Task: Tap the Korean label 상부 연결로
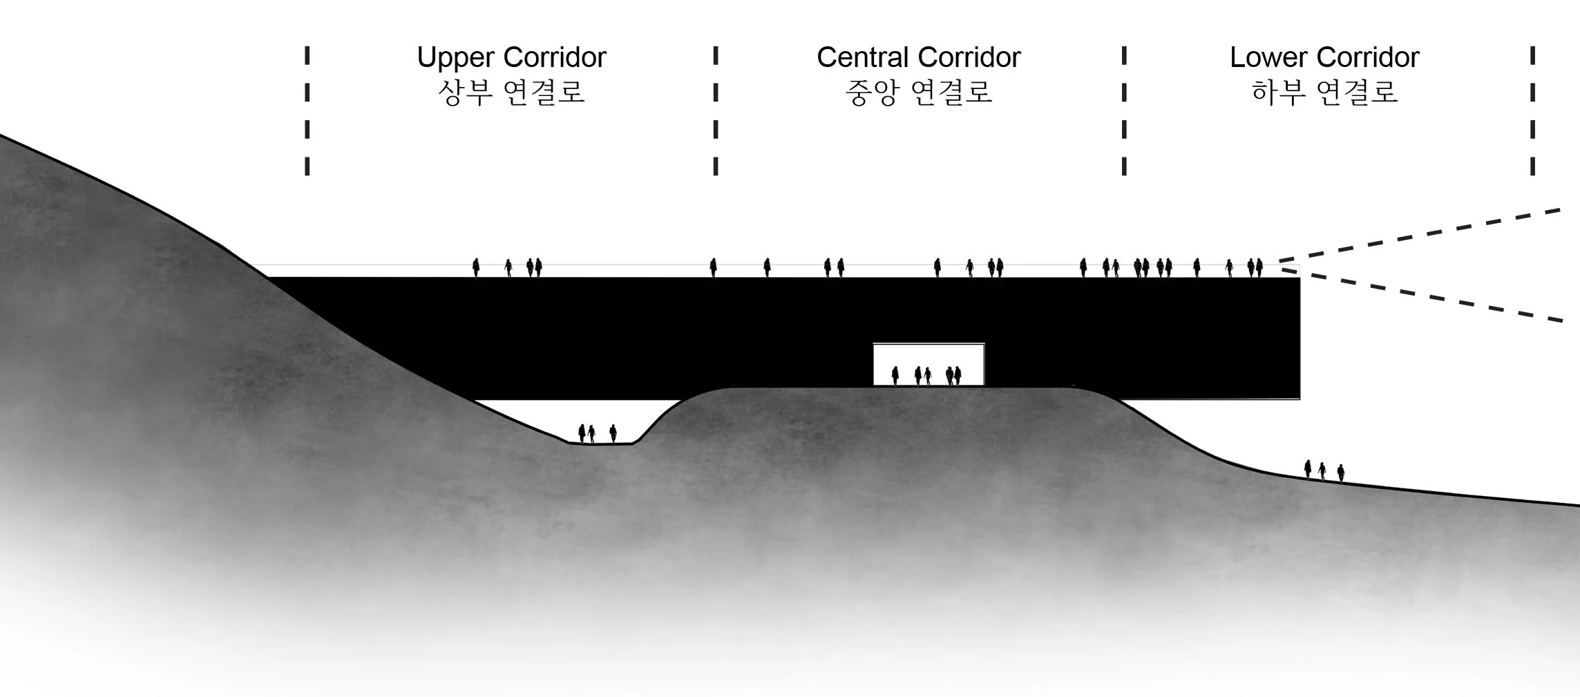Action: [x=511, y=93]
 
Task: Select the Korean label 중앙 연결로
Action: [x=918, y=93]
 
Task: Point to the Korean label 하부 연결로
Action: [x=1324, y=93]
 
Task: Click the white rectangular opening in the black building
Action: [x=928, y=356]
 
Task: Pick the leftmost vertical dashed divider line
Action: [x=307, y=111]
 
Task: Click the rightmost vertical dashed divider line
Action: [x=1532, y=111]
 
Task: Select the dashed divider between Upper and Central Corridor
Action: [x=716, y=111]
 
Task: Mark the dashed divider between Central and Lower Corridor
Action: [x=1124, y=111]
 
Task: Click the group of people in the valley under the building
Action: [x=597, y=433]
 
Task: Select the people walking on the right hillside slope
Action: [x=1324, y=470]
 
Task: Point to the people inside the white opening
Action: [x=925, y=375]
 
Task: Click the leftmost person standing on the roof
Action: [x=476, y=267]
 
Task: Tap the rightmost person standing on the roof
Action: [x=1259, y=267]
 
